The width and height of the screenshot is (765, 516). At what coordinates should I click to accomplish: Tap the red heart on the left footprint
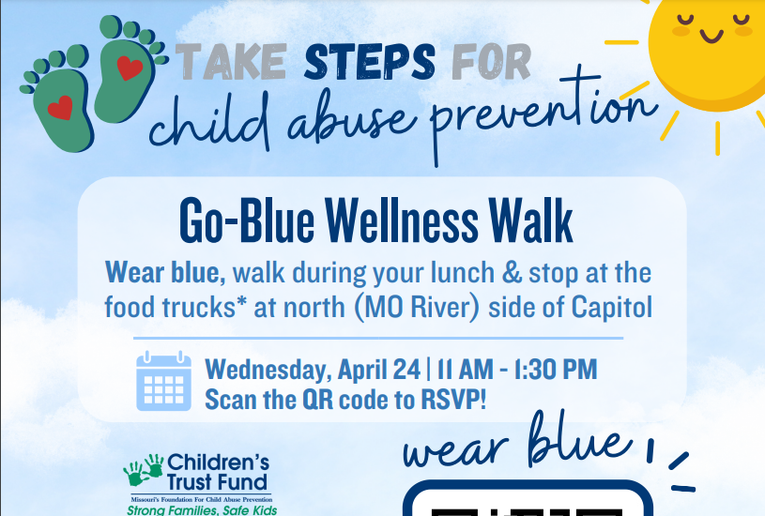pos(60,106)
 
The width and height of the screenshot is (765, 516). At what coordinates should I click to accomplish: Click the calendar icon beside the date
pos(163,381)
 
